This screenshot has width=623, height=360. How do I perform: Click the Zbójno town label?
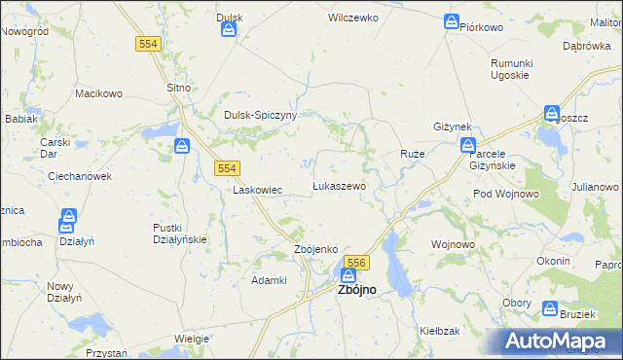pos(356,290)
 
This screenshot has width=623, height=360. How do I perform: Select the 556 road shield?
pos(356,263)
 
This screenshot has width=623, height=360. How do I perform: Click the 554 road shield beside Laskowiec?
pos(226,168)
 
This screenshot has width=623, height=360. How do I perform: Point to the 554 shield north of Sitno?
pos(148,44)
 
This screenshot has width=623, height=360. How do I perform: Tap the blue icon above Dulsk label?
pos(229,30)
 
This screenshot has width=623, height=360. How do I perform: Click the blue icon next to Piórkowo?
pos(452,21)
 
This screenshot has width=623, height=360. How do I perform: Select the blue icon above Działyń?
pos(69,218)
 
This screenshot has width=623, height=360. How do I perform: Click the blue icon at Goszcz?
pos(552,113)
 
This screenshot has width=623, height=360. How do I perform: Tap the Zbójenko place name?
pos(315,249)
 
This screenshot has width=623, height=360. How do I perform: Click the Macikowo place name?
pos(99,93)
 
